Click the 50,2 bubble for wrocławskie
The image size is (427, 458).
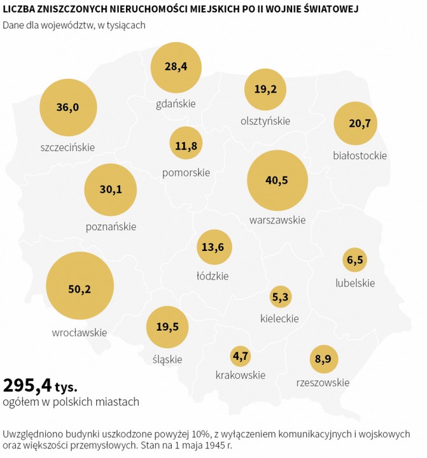click(80, 288)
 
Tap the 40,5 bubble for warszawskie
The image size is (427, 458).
click(276, 180)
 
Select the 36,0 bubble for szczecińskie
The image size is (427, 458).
click(67, 107)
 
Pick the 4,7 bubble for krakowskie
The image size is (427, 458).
click(241, 356)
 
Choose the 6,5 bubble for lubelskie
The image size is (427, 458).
click(355, 259)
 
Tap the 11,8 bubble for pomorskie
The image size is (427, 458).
click(186, 145)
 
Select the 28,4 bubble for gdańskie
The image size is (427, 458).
click(175, 68)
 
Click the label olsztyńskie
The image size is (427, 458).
click(265, 120)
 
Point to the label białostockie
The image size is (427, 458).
click(360, 155)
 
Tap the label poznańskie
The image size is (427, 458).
click(111, 226)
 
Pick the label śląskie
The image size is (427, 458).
click(167, 359)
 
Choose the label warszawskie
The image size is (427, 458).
click(277, 220)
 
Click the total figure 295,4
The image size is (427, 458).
click(27, 385)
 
